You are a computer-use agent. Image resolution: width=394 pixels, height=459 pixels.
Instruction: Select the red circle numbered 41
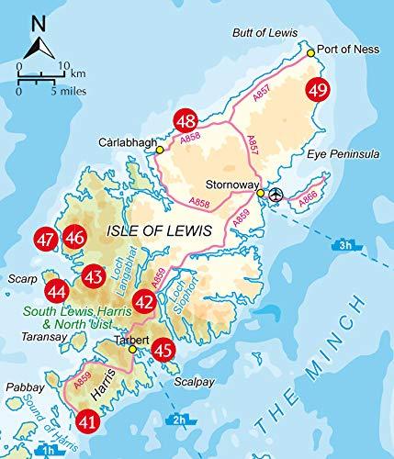(88, 422)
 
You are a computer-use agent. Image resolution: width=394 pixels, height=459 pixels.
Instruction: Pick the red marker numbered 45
(163, 348)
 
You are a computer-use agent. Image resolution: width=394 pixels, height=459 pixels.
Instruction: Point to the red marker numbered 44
(57, 291)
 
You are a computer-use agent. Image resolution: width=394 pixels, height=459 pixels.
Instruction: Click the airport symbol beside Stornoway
(276, 194)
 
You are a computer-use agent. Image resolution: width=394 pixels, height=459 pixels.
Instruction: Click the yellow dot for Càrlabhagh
(160, 150)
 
